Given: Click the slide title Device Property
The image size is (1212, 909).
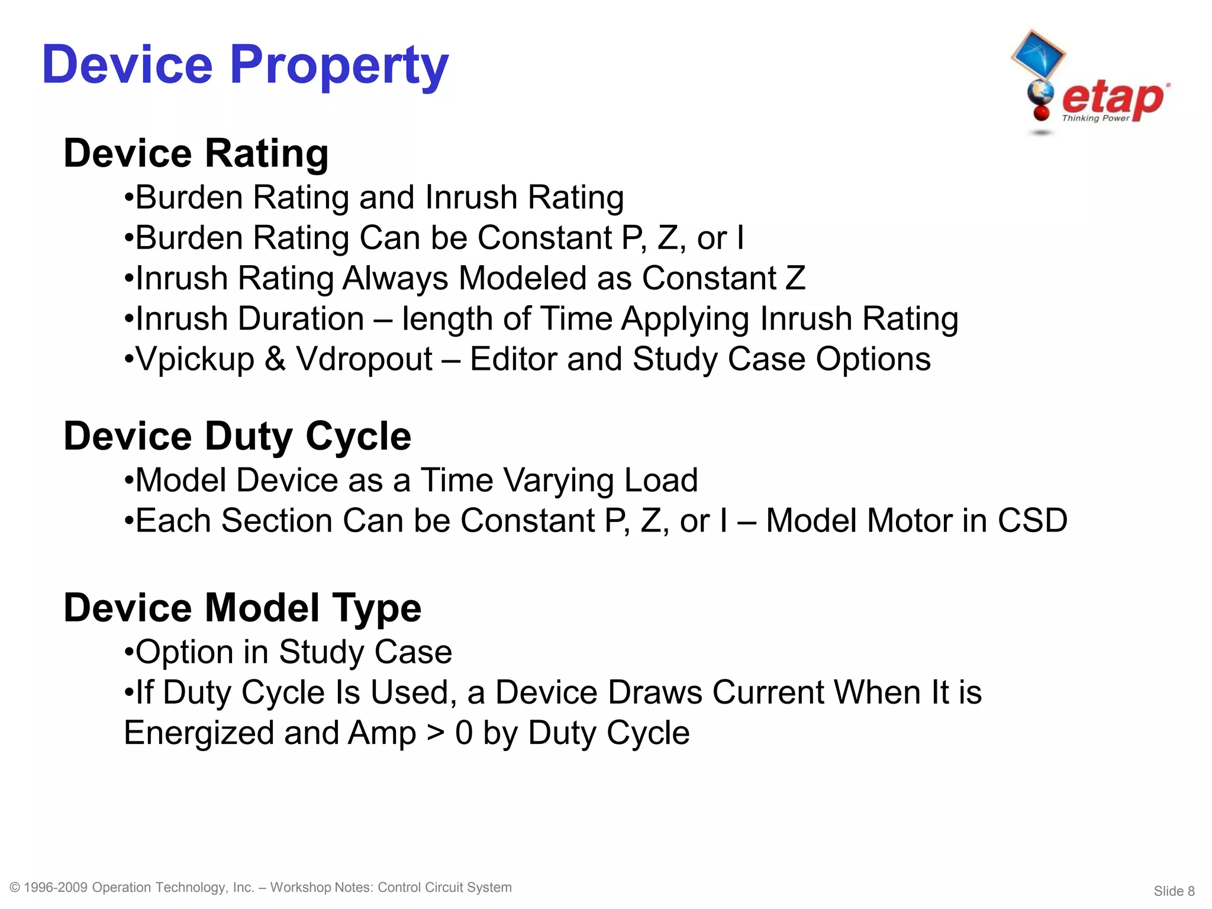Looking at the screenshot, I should (x=245, y=65).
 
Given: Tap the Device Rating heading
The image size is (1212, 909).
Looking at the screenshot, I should (x=196, y=153).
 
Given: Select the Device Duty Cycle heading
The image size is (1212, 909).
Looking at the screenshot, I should (x=237, y=436).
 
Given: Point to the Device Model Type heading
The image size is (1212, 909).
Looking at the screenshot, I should (x=242, y=608).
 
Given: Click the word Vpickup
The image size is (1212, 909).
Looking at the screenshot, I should (x=195, y=360).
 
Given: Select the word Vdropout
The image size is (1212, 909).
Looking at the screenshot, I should (x=364, y=359).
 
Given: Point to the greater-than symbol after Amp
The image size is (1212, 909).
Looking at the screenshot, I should (x=436, y=733).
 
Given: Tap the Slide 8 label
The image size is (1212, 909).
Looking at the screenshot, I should (x=1174, y=891).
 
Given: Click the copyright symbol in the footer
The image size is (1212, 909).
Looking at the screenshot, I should (x=15, y=887).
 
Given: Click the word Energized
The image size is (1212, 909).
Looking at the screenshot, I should (x=199, y=733).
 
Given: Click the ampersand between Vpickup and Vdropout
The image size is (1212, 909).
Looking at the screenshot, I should (x=275, y=359).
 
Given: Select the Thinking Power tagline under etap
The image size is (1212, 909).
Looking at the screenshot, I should (x=1095, y=118).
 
